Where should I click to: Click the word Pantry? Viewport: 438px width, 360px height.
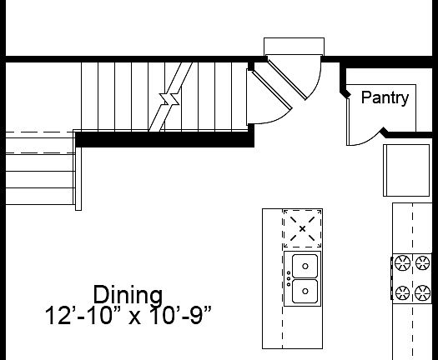(385, 98)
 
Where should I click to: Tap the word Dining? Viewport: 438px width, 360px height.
(128, 295)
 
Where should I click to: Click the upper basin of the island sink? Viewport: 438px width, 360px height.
(305, 266)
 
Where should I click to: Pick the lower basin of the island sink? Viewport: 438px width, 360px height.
(305, 292)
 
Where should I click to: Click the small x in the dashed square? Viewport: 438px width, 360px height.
(302, 229)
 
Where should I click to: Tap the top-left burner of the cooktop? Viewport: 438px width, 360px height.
(402, 263)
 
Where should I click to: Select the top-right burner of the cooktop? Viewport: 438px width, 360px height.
(422, 262)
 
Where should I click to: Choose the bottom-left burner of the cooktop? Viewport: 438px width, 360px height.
(402, 293)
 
